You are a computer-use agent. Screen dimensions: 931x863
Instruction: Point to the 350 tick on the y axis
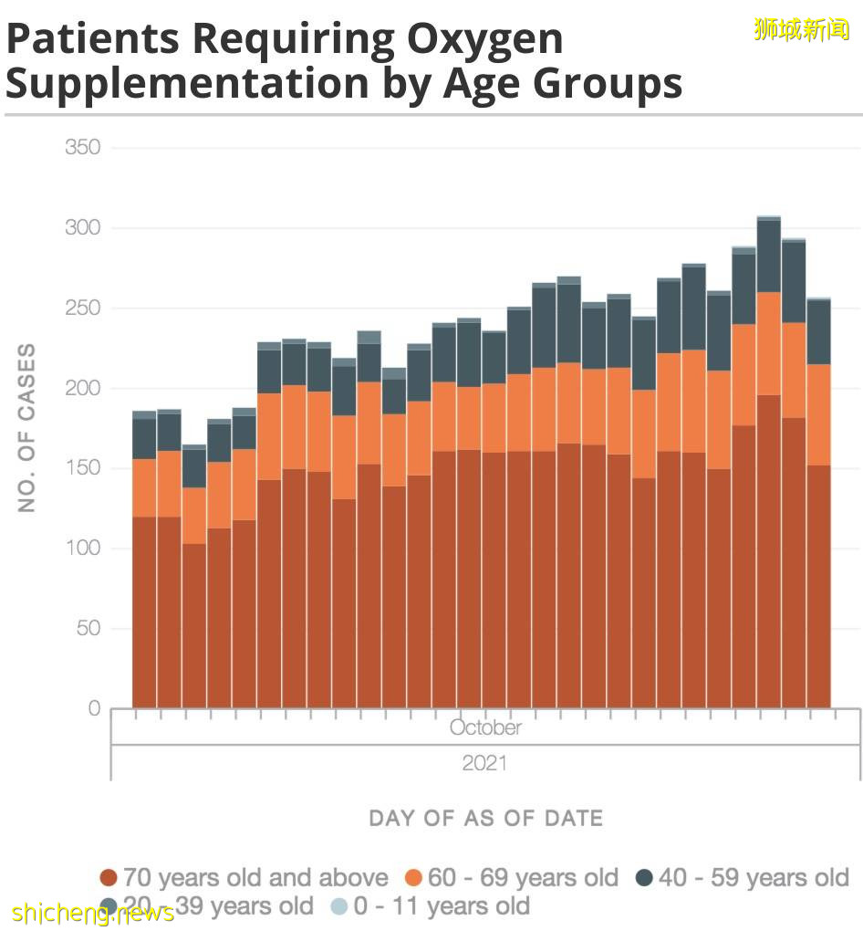click(x=82, y=148)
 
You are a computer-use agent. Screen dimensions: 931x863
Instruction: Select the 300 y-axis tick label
click(x=82, y=228)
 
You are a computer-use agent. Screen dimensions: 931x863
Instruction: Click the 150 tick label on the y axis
click(x=82, y=468)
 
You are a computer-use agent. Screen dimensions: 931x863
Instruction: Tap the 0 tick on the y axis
click(x=94, y=708)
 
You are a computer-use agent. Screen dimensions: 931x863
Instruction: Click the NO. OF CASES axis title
click(x=27, y=427)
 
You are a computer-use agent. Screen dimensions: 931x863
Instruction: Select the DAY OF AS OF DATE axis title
click(x=485, y=818)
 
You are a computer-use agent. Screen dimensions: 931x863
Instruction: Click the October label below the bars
click(x=485, y=727)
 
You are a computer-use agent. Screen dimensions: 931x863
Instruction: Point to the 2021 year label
click(x=484, y=763)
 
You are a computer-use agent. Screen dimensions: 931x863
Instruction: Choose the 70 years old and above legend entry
click(x=244, y=878)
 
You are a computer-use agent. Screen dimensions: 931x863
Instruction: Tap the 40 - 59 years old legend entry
click(x=743, y=878)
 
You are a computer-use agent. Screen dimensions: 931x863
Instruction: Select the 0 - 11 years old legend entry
click(x=430, y=906)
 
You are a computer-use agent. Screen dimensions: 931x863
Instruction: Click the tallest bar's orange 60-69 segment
click(x=769, y=343)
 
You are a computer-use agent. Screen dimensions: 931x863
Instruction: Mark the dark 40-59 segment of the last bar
click(x=819, y=331)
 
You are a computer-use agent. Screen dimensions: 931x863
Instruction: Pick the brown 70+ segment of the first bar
click(x=144, y=612)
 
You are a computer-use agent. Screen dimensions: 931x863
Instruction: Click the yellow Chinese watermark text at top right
click(x=802, y=29)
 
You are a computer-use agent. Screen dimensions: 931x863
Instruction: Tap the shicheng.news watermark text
click(x=93, y=913)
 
